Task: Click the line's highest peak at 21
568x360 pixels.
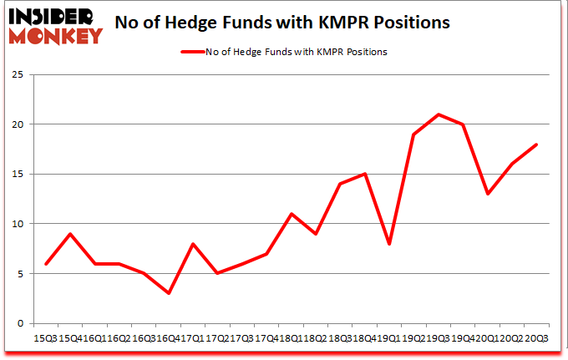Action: [x=439, y=114]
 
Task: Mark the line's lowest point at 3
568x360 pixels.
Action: [x=170, y=293]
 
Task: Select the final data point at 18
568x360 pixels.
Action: [x=535, y=145]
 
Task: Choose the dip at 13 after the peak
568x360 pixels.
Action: [x=487, y=194]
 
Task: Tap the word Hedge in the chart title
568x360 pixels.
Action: [x=204, y=23]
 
